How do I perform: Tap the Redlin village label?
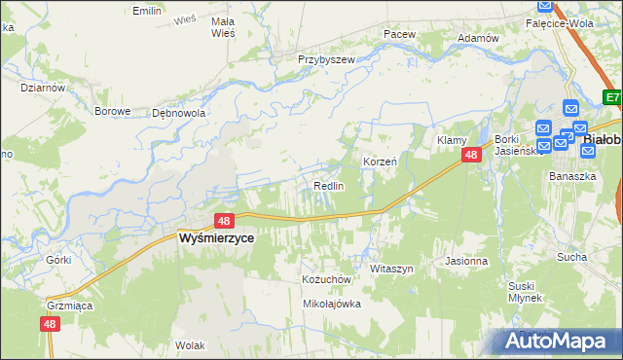pyautogui.click(x=328, y=186)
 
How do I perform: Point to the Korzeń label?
pyautogui.click(x=380, y=162)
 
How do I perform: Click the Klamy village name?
pyautogui.click(x=453, y=140)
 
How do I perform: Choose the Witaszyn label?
pyautogui.click(x=392, y=268)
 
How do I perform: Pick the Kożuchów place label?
pyautogui.click(x=325, y=278)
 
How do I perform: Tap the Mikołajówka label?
pyautogui.click(x=332, y=304)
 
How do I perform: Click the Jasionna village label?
pyautogui.click(x=465, y=261)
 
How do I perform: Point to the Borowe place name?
pyautogui.click(x=112, y=111)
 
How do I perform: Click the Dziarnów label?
pyautogui.click(x=42, y=87)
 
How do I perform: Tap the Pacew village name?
pyautogui.click(x=399, y=34)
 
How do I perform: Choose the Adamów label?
pyautogui.click(x=478, y=38)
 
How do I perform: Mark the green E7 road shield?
pyautogui.click(x=612, y=97)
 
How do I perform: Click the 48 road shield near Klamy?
pyautogui.click(x=471, y=155)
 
